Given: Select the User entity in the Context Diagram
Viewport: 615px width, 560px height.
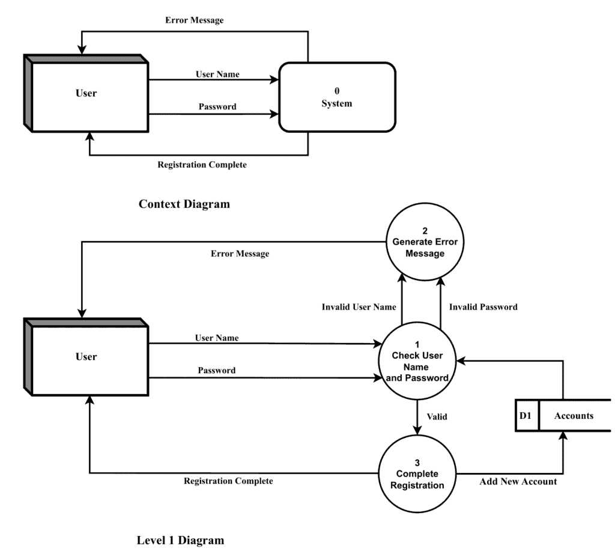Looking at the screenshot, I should [87, 93].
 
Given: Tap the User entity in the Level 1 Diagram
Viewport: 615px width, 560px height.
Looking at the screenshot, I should [87, 357].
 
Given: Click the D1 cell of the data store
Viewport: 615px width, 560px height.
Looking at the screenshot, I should [527, 416].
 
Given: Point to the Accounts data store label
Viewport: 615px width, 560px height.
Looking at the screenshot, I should [574, 416].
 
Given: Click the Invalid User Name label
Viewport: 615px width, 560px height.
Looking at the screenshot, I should [359, 307].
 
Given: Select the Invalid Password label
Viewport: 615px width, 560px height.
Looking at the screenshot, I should [483, 307].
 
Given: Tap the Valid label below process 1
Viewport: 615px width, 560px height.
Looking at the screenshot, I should [437, 416].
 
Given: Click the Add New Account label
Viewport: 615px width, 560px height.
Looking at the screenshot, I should [518, 481].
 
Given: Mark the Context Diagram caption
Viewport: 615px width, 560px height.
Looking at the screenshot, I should [184, 204].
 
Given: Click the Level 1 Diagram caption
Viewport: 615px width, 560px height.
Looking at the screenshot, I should [180, 540].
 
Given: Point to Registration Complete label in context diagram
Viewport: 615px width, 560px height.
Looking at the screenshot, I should [201, 165].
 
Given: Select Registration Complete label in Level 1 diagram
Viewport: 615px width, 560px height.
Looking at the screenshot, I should [228, 481].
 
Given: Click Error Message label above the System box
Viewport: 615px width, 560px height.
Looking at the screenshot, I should [194, 20].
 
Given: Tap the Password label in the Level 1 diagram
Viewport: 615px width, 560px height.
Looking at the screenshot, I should [216, 370].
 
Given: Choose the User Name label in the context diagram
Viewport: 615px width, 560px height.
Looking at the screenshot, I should [217, 75].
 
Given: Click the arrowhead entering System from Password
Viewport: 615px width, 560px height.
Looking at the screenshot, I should [276, 114].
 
